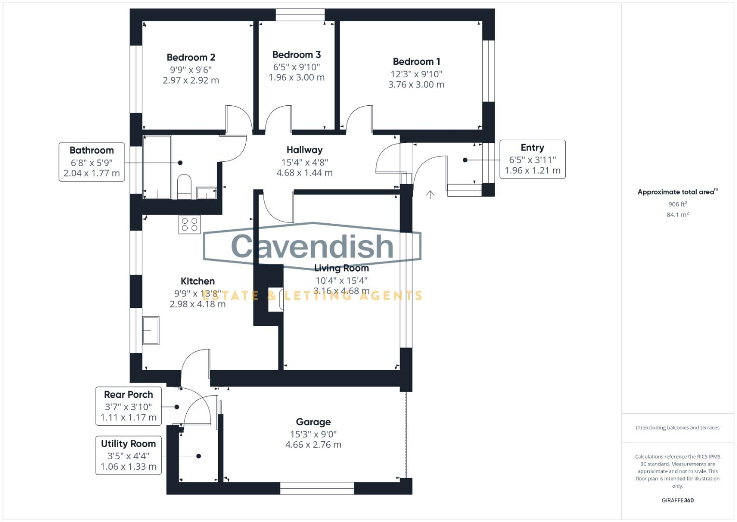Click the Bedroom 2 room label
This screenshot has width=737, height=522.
tap(191, 58)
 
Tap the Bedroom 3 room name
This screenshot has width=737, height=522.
tap(296, 55)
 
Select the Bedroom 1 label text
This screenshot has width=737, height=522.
tap(416, 62)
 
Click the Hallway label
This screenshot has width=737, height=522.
tap(304, 150)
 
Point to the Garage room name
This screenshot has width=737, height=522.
tap(313, 422)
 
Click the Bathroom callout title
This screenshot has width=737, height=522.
tap(92, 150)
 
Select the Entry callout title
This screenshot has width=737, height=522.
tap(532, 148)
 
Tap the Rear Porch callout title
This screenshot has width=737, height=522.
tap(128, 395)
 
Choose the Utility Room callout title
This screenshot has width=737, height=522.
tap(128, 444)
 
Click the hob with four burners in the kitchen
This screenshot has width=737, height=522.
tap(189, 225)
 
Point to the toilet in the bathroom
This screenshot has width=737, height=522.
tap(184, 186)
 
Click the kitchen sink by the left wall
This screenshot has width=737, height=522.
tap(151, 331)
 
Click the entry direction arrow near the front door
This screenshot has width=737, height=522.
tap(430, 194)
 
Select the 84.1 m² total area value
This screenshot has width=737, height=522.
tap(677, 215)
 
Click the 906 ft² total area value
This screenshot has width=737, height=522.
tap(677, 204)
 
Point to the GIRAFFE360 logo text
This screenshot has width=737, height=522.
tap(677, 500)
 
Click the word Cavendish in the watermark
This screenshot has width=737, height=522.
tap(312, 246)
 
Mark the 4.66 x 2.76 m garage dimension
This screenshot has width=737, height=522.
tap(313, 445)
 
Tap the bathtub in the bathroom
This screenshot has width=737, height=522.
tap(157, 167)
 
